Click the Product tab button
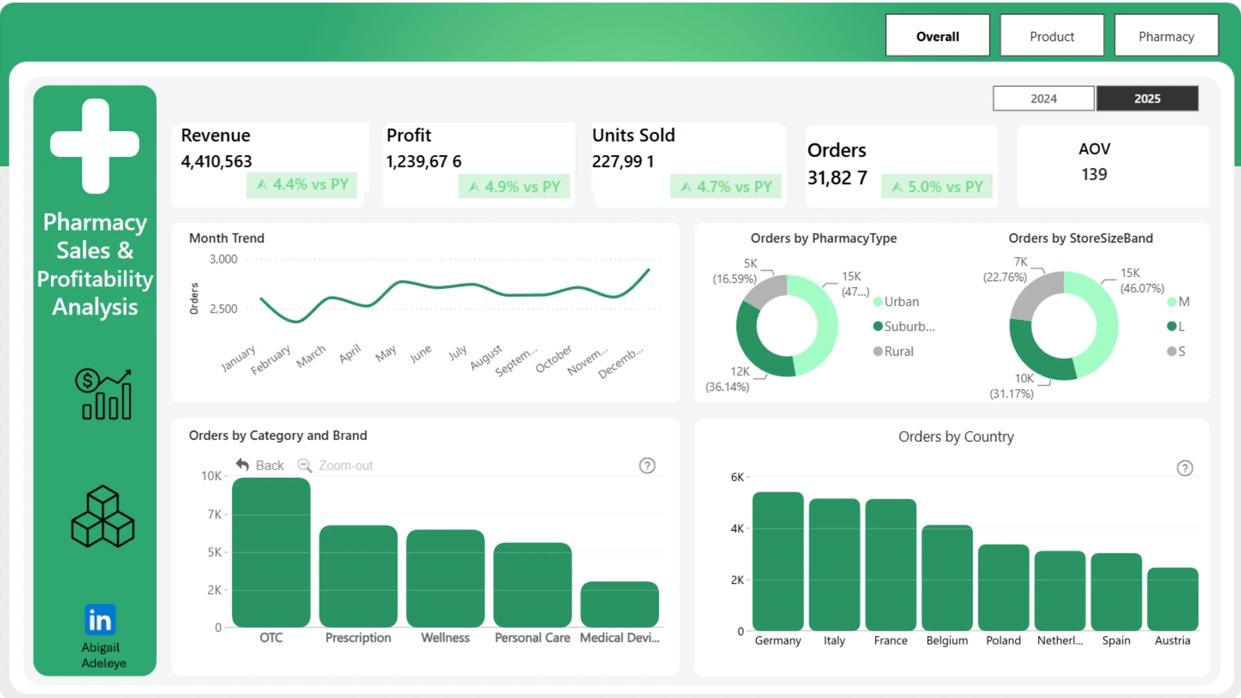coord(1052,36)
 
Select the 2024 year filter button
coord(1043,98)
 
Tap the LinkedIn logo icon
coord(100,620)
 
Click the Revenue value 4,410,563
coord(217,161)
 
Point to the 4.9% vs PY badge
coord(514,186)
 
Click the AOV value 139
coord(1094,174)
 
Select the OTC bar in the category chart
coord(271,553)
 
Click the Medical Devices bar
coord(619,604)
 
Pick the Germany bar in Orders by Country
coord(778,561)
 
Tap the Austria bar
coord(1172,599)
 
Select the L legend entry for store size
coord(1176,326)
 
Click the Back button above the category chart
coord(260,465)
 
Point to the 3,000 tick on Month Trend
coord(223,259)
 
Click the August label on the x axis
coord(486,357)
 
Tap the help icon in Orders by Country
coord(1185,468)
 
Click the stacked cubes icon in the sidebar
coord(103,516)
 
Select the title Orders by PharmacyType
coord(823,238)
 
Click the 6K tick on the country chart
coord(737,477)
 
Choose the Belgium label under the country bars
coord(947,640)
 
